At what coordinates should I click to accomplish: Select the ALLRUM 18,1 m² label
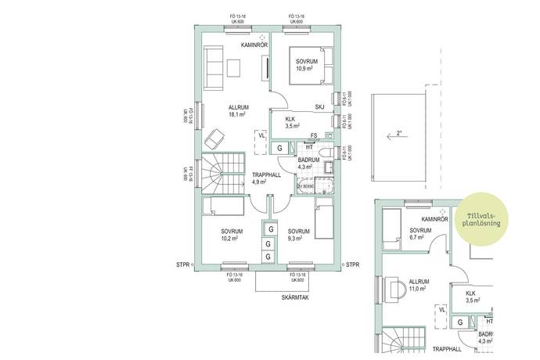[x=238, y=110]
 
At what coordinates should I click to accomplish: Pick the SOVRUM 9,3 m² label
[x=299, y=236]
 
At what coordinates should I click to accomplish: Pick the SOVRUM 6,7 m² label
[x=421, y=236]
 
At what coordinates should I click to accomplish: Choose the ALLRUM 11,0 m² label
[x=420, y=284]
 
